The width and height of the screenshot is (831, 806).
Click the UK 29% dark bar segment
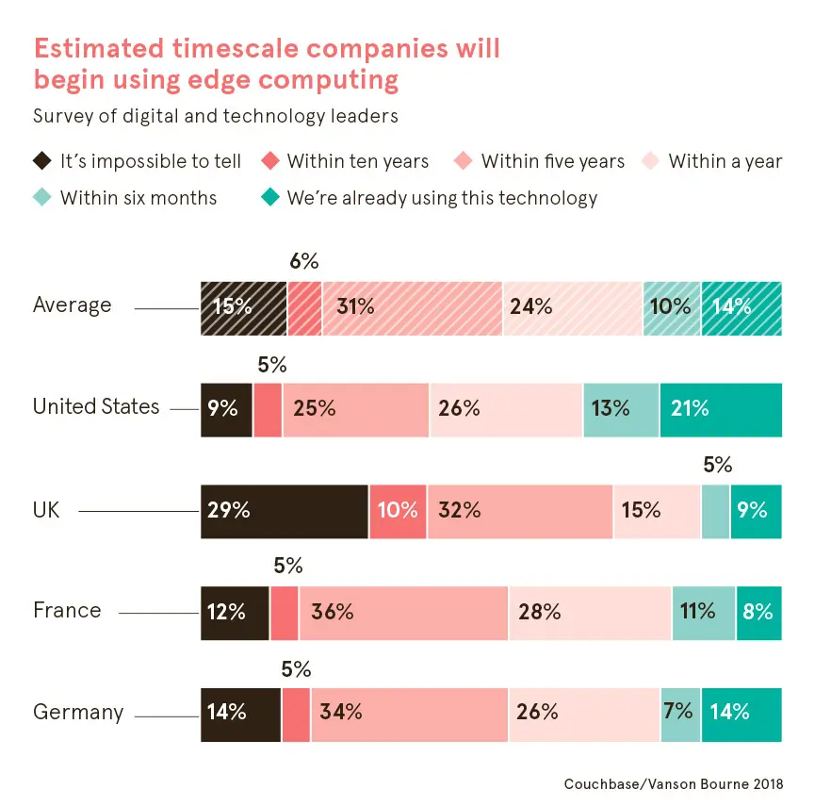coord(284,511)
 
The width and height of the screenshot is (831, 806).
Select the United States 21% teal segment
coord(721,409)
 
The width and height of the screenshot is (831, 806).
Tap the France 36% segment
coord(403,612)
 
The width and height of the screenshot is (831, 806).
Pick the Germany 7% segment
coord(680,713)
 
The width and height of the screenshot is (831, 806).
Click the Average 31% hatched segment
coord(412,307)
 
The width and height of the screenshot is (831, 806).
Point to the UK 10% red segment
coord(398,511)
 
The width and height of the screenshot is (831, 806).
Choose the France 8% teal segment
coord(758,612)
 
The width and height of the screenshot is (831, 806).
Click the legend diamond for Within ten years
coord(271,161)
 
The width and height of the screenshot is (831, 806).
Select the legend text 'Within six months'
coord(138,198)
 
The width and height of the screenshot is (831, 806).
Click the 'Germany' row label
coord(78,712)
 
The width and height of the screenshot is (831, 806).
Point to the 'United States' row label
coord(96,407)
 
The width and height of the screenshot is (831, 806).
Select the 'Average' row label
coord(73,305)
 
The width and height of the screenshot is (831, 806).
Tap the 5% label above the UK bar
coord(717,465)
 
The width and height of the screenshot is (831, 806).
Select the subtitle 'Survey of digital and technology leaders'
coord(215,117)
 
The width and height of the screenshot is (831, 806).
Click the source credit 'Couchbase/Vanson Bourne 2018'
coord(673,783)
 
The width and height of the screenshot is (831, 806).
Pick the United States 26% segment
coord(506,409)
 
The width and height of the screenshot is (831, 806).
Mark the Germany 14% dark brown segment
coord(240,713)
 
